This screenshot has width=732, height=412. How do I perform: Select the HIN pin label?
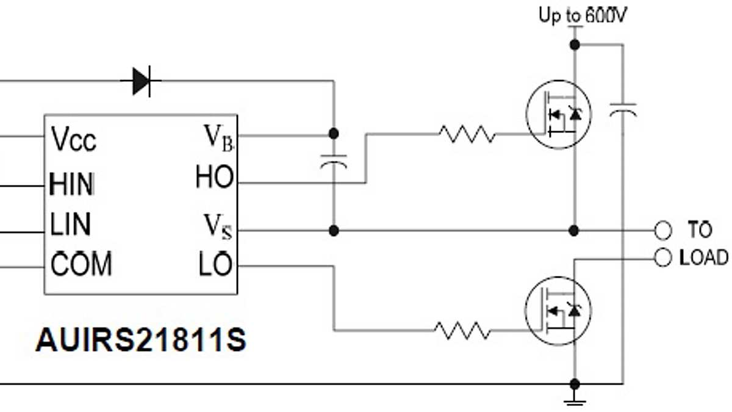[x=72, y=184]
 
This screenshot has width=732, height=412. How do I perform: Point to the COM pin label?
[x=81, y=265]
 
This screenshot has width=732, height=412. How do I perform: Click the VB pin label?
[x=218, y=137]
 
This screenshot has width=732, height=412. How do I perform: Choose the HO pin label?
[x=215, y=178]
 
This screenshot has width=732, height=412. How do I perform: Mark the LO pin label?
[x=215, y=266]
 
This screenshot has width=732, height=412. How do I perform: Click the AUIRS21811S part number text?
[x=141, y=341]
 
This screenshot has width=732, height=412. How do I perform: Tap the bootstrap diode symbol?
[x=142, y=81]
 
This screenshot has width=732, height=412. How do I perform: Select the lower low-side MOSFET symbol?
[x=558, y=309]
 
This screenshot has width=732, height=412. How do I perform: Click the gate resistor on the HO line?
[x=467, y=134]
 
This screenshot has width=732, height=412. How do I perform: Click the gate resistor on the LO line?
[x=462, y=330]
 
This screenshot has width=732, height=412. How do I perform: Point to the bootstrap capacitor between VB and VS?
[x=334, y=161]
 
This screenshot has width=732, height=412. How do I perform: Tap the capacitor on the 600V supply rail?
[x=623, y=110]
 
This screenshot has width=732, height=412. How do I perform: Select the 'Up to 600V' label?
[x=582, y=15]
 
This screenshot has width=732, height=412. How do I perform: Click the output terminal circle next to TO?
[x=662, y=231]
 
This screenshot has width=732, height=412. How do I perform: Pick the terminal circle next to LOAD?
[x=662, y=258]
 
